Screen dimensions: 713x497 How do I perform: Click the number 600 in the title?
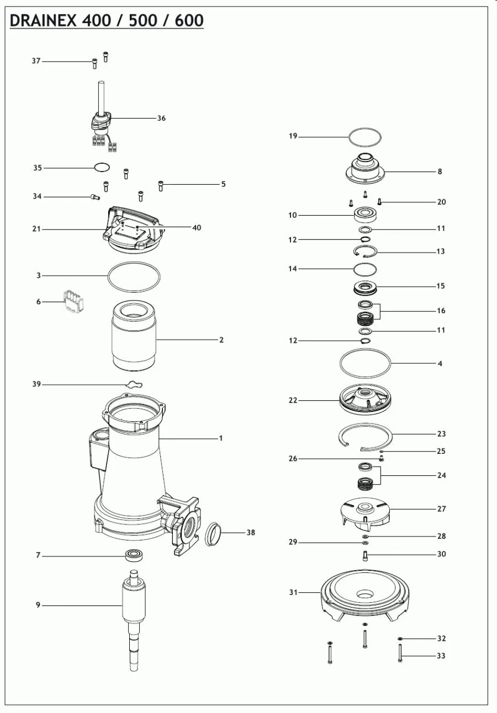coord(189,20)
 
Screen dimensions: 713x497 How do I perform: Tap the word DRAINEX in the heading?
coord(45,20)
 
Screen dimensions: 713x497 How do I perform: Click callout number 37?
coord(36,61)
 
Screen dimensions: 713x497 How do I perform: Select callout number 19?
coord(293,136)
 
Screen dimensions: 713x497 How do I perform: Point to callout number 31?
coord(293,593)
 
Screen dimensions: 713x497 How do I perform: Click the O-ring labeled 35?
coord(102,167)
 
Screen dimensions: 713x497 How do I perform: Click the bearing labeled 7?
coord(135,555)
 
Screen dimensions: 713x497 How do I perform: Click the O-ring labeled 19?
coord(364,136)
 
